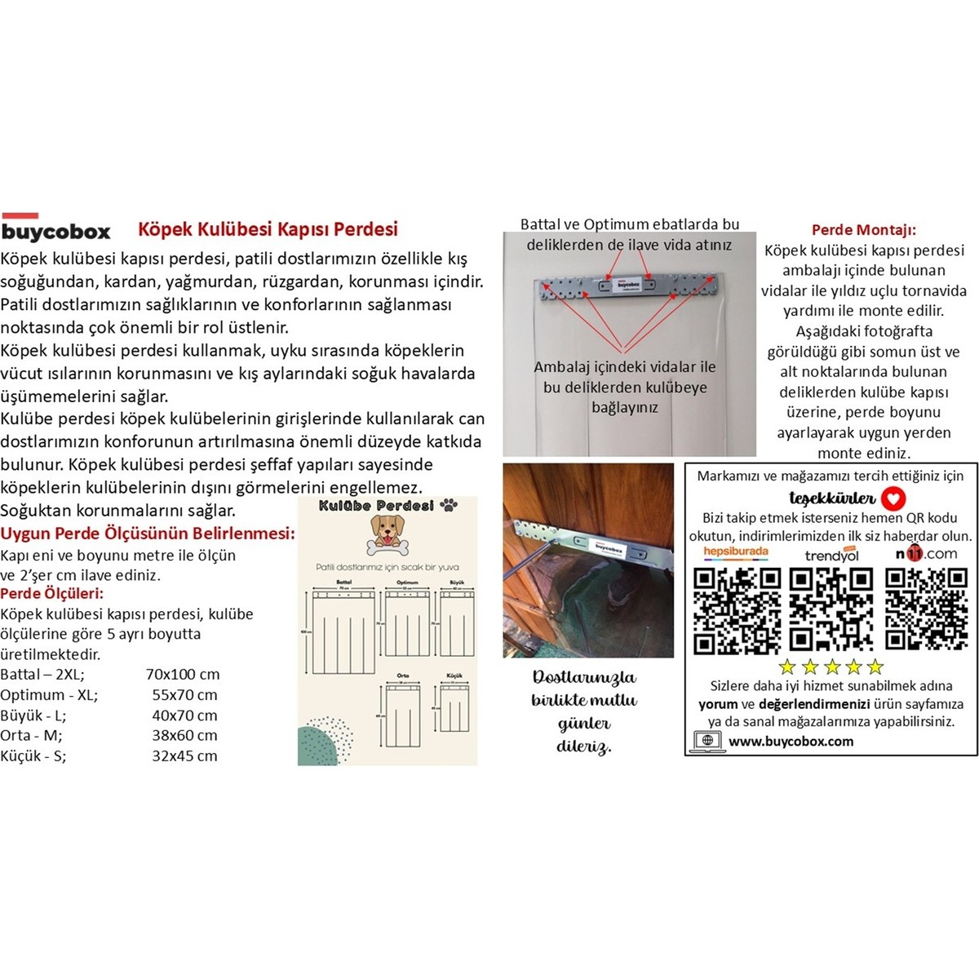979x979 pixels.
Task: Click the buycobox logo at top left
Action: coord(55,229)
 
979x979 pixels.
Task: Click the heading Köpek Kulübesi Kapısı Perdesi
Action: coord(268,229)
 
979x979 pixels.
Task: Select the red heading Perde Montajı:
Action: coord(863,230)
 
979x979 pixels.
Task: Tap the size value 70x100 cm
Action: coord(183,675)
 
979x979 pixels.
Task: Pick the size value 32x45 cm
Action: coord(184,755)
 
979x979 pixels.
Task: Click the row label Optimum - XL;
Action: coord(49,695)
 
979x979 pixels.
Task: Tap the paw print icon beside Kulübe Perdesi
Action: coord(449,506)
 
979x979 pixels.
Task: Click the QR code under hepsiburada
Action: coord(737,609)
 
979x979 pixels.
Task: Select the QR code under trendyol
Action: coord(831,609)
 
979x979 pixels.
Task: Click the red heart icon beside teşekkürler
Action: coord(894,498)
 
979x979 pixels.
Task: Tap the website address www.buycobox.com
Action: coord(791,742)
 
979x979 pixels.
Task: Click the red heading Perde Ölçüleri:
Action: coord(52,593)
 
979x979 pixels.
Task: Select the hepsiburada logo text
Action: coord(735,552)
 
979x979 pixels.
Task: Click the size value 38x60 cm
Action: coord(184,735)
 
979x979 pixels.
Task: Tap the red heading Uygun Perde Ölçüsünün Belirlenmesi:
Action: coord(148,534)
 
